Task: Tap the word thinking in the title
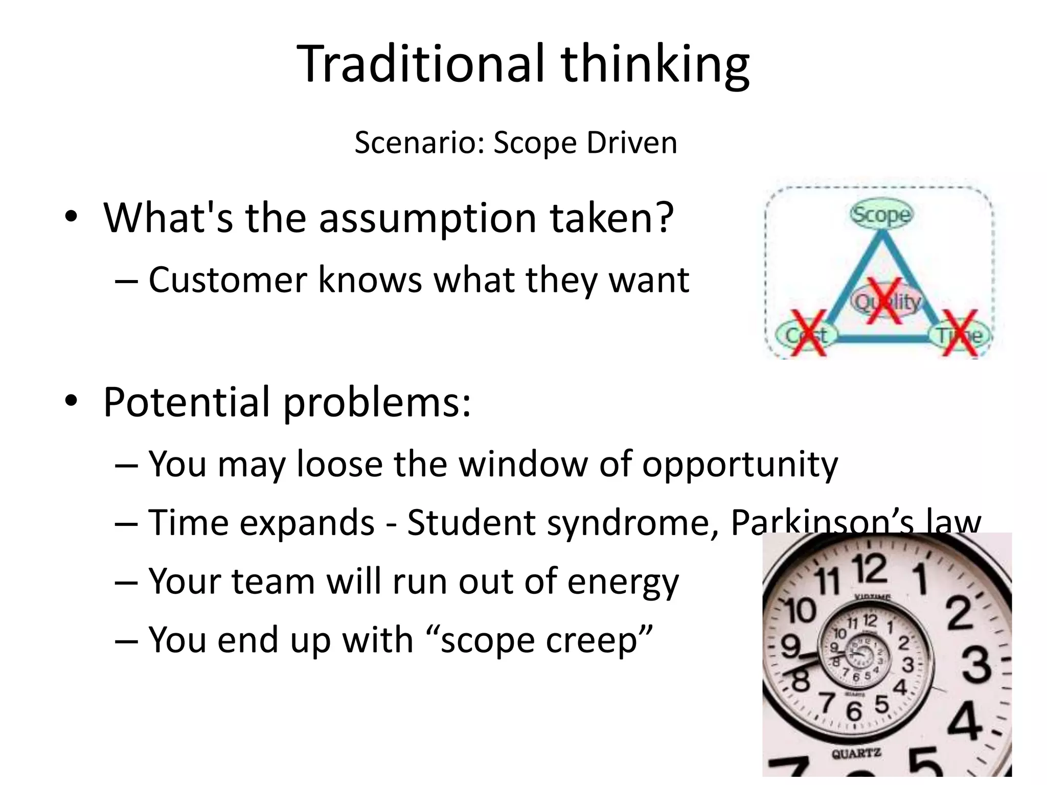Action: (655, 65)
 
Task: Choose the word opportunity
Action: (740, 465)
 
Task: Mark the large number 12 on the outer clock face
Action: (870, 569)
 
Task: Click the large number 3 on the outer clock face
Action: (977, 665)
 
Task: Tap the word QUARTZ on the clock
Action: (856, 753)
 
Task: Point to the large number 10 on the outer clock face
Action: (801, 611)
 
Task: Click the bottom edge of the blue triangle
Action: (882, 337)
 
